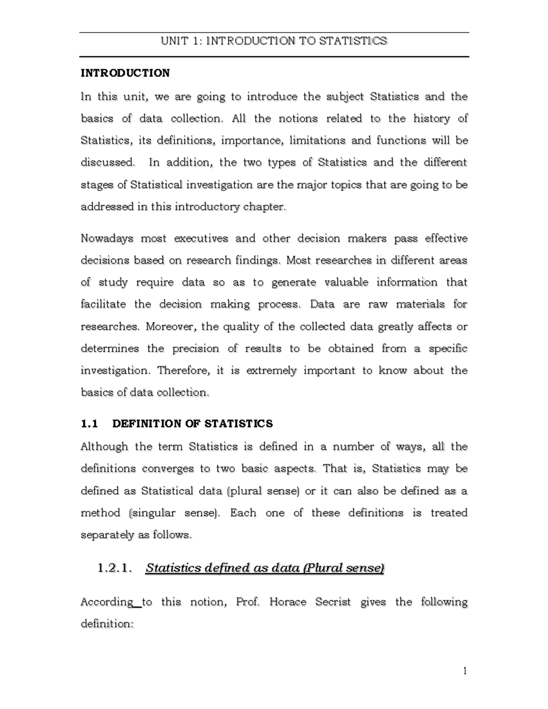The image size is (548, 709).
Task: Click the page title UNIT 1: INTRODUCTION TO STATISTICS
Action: [x=274, y=41]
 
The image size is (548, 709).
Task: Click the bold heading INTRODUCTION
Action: [x=125, y=73]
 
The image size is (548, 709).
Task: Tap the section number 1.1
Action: [x=89, y=424]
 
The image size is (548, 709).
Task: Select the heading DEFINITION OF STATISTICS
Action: [x=192, y=424]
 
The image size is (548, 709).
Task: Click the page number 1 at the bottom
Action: [x=465, y=671]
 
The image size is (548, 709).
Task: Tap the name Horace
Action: [x=288, y=602]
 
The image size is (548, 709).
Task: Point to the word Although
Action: [x=104, y=446]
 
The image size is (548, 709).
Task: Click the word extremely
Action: [x=271, y=371]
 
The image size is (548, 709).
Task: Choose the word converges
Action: [x=167, y=469]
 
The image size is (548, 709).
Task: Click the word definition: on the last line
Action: [x=107, y=624]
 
